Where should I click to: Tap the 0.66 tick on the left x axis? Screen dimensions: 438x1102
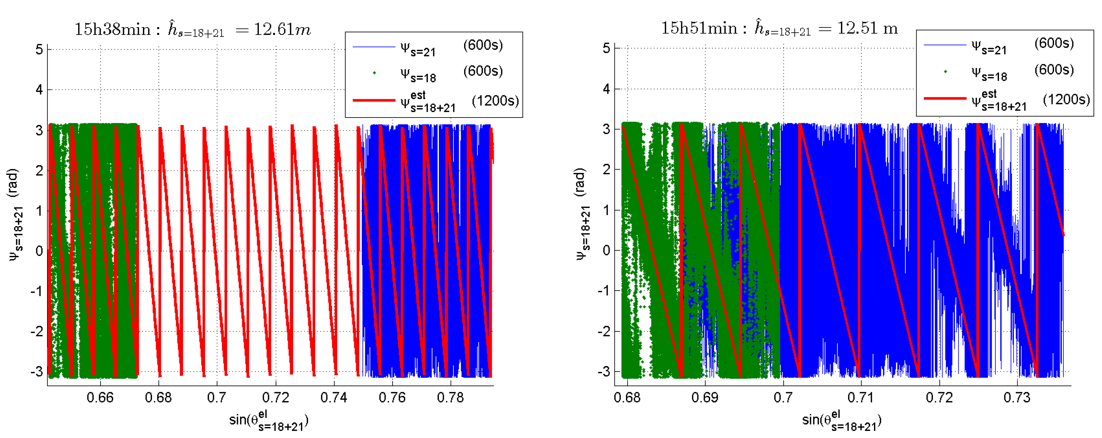(x=100, y=398)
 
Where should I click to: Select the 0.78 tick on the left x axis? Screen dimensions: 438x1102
(x=450, y=398)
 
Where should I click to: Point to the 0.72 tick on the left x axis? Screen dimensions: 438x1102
(x=275, y=398)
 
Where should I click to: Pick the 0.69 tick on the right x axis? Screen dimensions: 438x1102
(x=705, y=398)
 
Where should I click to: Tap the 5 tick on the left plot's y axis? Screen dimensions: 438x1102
(x=39, y=50)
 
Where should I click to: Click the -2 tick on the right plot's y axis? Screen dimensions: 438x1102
(x=604, y=331)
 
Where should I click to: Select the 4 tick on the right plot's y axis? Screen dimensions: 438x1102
(x=606, y=89)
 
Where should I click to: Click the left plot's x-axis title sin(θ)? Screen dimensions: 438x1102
(x=269, y=421)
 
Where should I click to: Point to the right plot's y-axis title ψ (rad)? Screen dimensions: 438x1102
(x=582, y=214)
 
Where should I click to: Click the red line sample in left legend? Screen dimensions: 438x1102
(x=373, y=100)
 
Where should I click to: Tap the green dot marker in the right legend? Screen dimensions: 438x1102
(x=945, y=71)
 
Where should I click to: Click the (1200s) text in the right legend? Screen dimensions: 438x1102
(x=1066, y=99)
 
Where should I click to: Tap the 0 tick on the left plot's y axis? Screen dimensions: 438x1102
(x=39, y=251)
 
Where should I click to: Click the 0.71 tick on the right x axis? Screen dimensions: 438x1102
(x=860, y=398)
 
